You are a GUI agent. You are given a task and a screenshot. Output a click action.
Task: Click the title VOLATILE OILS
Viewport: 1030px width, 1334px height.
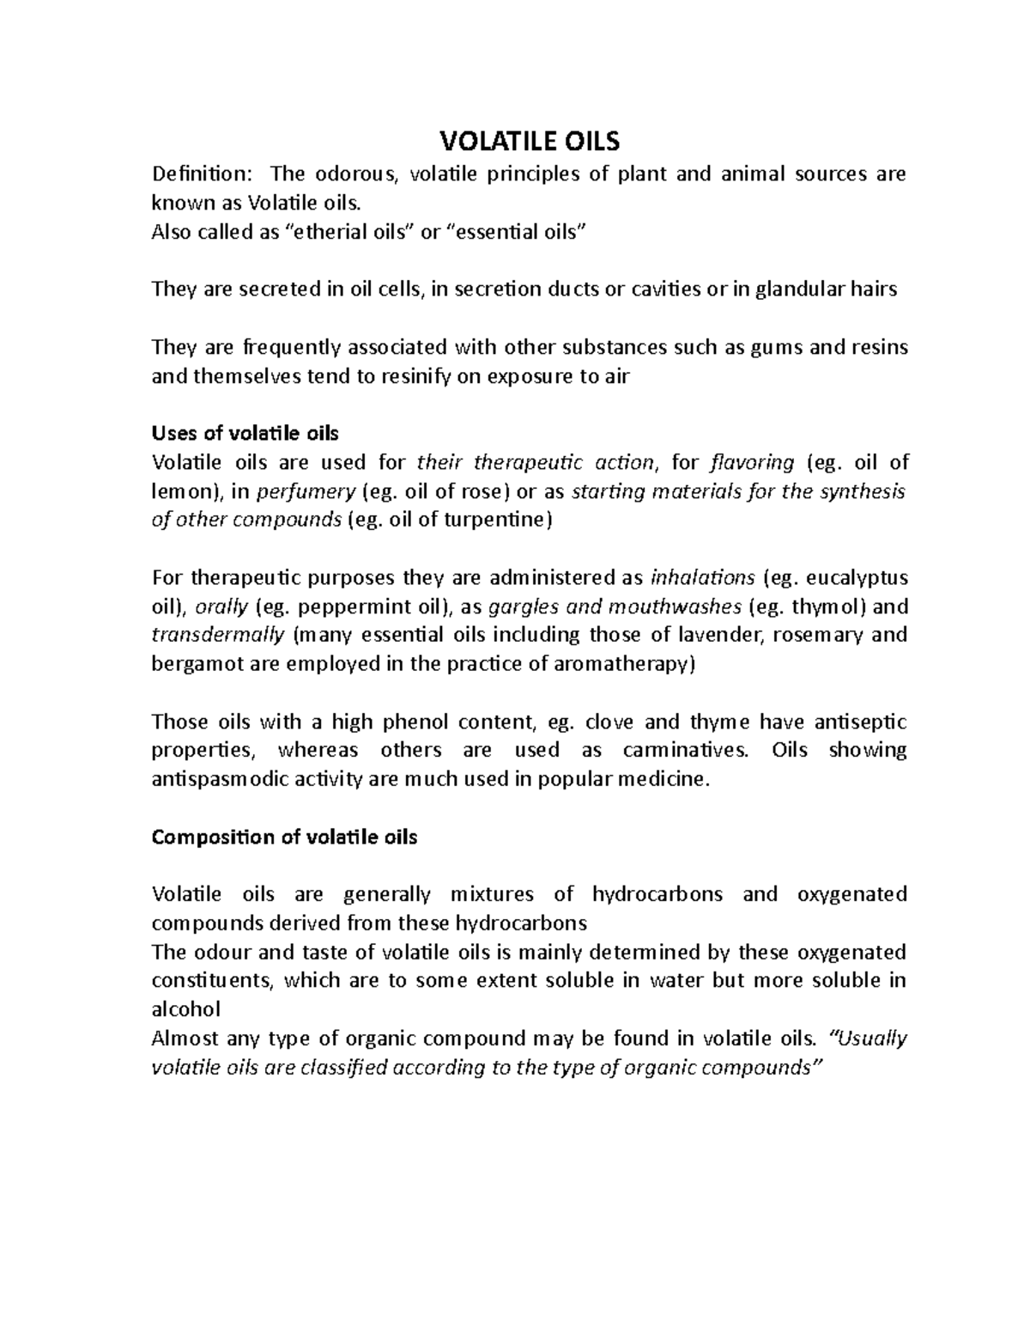[529, 140]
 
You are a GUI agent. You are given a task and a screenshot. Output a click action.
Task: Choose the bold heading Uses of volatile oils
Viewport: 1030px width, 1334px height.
[245, 433]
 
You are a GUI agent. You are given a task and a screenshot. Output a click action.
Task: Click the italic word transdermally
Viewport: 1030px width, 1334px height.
[218, 636]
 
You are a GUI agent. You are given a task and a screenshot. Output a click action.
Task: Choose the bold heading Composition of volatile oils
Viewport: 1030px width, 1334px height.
[284, 838]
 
